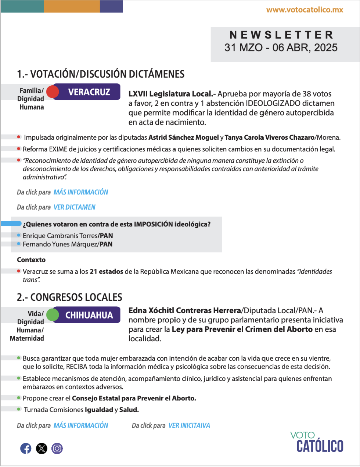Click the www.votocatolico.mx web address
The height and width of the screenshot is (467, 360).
coord(305,10)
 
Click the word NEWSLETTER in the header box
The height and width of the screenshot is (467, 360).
coord(281,35)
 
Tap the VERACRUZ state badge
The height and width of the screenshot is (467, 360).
coord(89,92)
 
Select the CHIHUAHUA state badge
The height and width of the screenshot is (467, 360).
coord(89,315)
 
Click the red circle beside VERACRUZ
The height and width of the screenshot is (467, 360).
coord(53,92)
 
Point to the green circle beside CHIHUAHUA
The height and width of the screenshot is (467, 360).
coord(53,315)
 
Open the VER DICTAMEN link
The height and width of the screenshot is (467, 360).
coord(75,207)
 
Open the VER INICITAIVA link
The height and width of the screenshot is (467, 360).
coord(189,425)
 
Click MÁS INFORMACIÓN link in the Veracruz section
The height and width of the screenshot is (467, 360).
coord(81,192)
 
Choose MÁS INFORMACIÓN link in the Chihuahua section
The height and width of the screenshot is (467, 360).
coord(81,425)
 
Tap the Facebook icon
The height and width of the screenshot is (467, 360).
coord(26,448)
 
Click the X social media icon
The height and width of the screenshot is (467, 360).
coord(42,448)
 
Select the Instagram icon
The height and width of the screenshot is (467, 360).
coord(57,448)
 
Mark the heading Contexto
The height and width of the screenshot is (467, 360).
coord(31,260)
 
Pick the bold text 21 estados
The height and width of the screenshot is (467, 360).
coord(107,272)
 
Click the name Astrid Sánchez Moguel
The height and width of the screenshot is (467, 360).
coord(183,138)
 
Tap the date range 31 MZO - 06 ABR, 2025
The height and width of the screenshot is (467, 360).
coord(281,48)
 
